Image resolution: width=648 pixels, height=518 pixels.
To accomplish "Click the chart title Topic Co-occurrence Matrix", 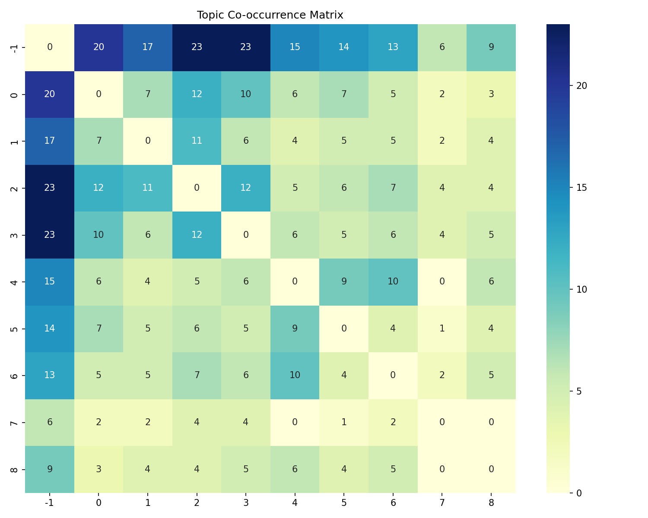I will click(270, 15).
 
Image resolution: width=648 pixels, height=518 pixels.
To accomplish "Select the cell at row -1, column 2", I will click(197, 47).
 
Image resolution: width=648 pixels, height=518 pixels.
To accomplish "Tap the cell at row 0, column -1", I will click(50, 95).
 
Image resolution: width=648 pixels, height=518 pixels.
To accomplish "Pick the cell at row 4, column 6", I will click(393, 281).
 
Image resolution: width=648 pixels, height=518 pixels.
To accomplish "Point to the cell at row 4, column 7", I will click(442, 281).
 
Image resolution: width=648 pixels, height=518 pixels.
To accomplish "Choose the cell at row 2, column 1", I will click(148, 188).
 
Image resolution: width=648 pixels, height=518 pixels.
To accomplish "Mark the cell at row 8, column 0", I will click(98, 469).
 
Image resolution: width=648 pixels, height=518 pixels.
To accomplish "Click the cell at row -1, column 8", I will click(491, 47).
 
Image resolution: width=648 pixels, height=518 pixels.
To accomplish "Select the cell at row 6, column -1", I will click(50, 375).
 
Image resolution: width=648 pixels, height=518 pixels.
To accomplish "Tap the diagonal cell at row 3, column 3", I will click(246, 235).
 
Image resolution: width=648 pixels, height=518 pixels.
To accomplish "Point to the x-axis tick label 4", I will click(295, 502).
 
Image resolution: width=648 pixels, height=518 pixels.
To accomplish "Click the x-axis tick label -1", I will click(50, 502).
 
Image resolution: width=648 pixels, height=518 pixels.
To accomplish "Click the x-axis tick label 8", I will click(491, 502).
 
